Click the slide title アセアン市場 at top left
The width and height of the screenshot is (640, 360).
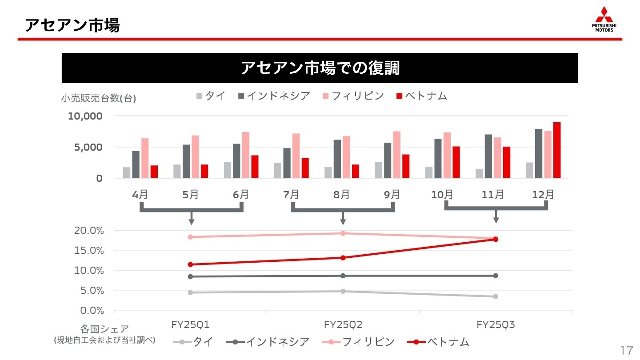click(x=72, y=25)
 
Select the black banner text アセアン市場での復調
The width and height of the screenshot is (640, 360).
click(x=320, y=68)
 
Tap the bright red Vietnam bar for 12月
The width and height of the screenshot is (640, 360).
click(x=557, y=150)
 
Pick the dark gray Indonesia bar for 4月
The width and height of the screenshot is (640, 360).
click(x=136, y=164)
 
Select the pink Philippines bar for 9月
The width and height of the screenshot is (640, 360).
click(x=396, y=155)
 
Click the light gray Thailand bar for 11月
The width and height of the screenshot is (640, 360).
click(x=479, y=173)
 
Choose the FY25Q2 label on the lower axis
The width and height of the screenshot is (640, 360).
click(x=343, y=325)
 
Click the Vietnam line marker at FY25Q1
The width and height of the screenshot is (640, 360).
click(x=191, y=264)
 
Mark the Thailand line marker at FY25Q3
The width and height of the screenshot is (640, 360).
click(x=496, y=296)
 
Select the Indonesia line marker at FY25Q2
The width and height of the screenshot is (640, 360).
click(x=343, y=276)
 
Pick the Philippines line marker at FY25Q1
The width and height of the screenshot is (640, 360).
click(x=191, y=237)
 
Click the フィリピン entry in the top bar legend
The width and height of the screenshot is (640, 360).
click(x=353, y=96)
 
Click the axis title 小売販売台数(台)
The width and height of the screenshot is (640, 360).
click(x=98, y=99)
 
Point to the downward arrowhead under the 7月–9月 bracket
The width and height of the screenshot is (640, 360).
click(x=343, y=221)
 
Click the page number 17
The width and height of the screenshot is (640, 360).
click(x=626, y=350)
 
